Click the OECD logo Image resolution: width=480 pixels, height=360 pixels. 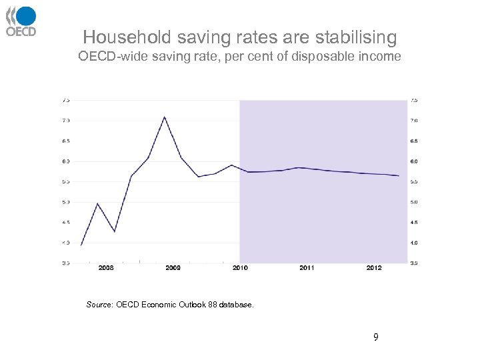[21, 21]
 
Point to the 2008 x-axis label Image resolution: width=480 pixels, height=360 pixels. [106, 268]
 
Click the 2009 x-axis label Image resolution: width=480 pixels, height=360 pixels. [173, 268]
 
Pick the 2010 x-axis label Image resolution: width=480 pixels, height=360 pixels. [240, 268]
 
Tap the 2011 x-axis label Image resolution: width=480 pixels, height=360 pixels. [307, 268]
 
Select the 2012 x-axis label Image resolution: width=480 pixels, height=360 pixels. [374, 268]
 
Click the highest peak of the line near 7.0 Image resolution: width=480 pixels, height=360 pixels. [164, 117]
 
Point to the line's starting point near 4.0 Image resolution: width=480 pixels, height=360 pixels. [81, 245]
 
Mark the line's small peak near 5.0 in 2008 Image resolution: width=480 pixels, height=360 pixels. [98, 203]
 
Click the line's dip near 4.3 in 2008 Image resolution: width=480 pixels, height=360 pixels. [115, 231]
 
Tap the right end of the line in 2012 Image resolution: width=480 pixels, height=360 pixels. [399, 176]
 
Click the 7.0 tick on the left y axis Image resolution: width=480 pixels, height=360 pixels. [65, 121]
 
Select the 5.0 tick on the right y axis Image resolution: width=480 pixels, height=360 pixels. [414, 202]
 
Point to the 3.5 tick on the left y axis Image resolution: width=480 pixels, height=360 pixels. [65, 263]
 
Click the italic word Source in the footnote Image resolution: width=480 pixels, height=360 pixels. [100, 305]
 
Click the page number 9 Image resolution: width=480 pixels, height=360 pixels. [375, 337]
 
